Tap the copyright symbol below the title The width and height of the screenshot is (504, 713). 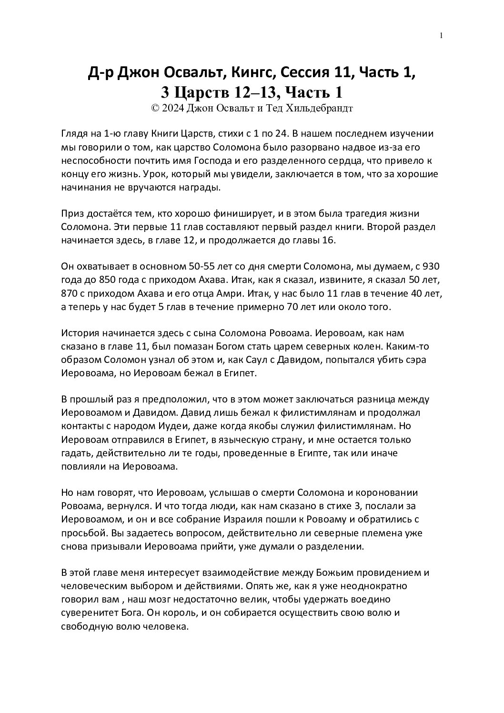154,108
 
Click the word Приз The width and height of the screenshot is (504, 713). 71,214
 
